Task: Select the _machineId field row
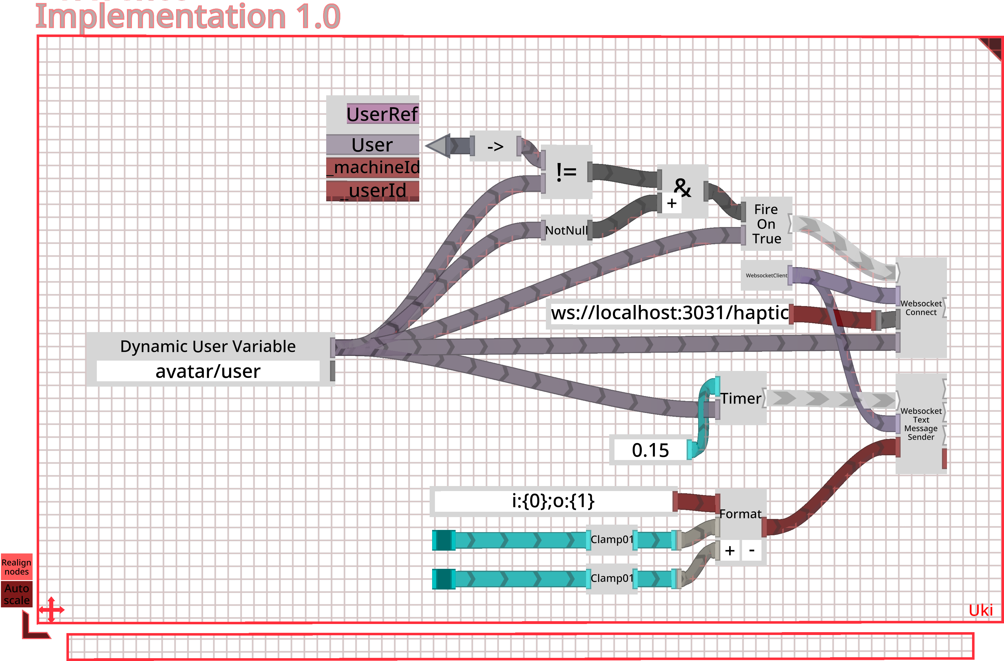pyautogui.click(x=373, y=167)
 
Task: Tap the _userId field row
pyautogui.click(x=373, y=190)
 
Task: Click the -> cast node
pyautogui.click(x=495, y=146)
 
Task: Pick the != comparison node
pyautogui.click(x=566, y=172)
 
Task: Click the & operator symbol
pyautogui.click(x=682, y=187)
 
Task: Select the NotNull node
pyautogui.click(x=566, y=230)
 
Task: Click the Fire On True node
pyautogui.click(x=766, y=224)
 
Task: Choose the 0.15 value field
pyautogui.click(x=650, y=450)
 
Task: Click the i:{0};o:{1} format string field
pyautogui.click(x=553, y=501)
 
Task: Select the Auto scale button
pyautogui.click(x=17, y=594)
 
